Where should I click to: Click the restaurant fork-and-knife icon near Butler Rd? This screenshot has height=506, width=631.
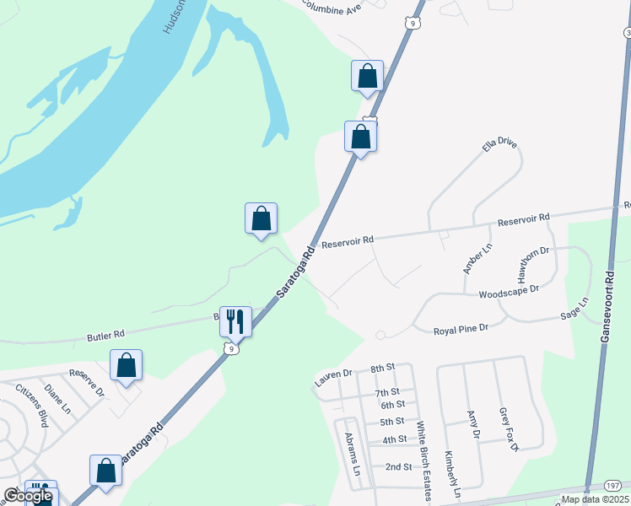(x=235, y=320)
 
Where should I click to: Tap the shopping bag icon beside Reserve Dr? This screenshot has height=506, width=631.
(x=126, y=365)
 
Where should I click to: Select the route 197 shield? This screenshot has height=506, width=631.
(x=612, y=487)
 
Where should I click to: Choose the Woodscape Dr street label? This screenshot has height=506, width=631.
(x=508, y=295)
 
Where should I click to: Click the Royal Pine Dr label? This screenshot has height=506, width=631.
(x=461, y=329)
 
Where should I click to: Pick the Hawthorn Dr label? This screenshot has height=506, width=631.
(x=533, y=264)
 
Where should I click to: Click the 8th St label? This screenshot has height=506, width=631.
(x=382, y=369)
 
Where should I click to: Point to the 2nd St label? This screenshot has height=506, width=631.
(x=399, y=466)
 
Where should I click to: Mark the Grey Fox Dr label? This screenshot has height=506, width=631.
(x=508, y=429)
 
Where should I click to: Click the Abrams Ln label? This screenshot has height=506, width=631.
(x=353, y=454)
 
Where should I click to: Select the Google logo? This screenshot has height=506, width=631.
(x=28, y=496)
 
